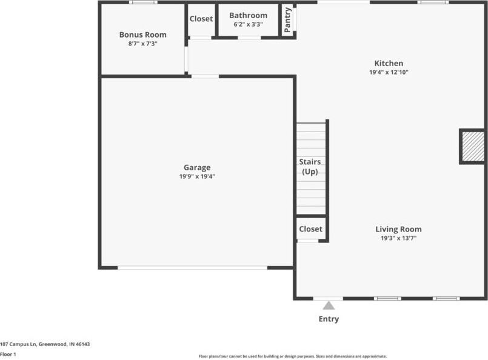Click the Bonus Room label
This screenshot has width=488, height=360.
pos(142,35)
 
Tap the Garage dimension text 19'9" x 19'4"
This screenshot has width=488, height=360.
pos(197,177)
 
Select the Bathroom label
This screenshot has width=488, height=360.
pos(248,16)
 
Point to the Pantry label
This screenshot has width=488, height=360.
pos(287,20)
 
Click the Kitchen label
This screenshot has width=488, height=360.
pos(389,63)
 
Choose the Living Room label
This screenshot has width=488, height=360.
pos(398,229)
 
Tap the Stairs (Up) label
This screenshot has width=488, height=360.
pos(310,167)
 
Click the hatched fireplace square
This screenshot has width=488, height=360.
pos(473,147)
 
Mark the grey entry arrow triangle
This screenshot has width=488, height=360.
pos(329,305)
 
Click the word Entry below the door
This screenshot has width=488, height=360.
pos(329,319)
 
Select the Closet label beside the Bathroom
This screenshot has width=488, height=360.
pos(201,19)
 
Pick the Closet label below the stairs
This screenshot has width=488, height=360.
pos(310,229)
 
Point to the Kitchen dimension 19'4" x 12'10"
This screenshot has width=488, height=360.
pos(389,72)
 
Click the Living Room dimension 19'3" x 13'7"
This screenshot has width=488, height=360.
pos(398,238)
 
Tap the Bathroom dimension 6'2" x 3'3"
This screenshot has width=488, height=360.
pos(248,25)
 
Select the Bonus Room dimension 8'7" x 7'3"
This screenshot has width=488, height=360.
pos(142,44)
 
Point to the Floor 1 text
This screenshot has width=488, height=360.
pos(8,354)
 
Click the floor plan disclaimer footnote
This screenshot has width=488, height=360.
pos(293,356)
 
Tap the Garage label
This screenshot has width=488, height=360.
pos(197,168)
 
